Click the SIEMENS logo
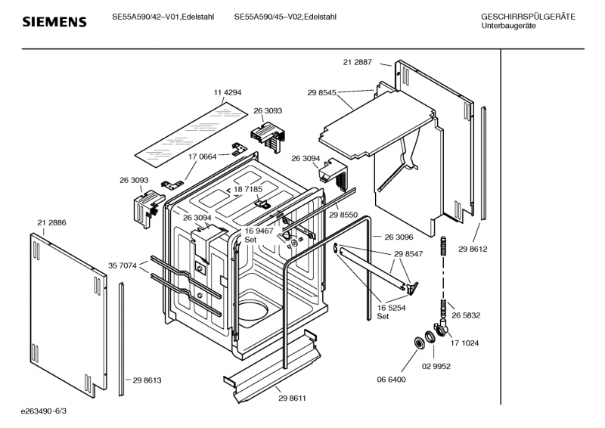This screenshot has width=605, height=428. pos(54,22)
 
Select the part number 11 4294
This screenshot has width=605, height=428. pos(228,92)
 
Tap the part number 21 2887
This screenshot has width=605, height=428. pos(357,62)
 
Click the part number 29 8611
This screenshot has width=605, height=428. pos(291,398)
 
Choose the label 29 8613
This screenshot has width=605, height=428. pos(147,380)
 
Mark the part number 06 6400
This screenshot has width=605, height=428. pos(392,379)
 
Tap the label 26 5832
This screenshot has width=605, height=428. pos(467,315)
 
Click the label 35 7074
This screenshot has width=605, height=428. pos(123,265)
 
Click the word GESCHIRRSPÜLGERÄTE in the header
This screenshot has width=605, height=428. pos(527,17)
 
